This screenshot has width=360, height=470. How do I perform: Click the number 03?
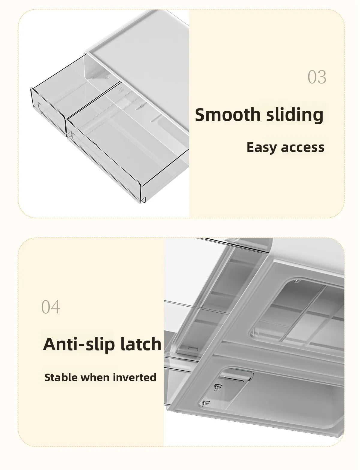tap(317, 77)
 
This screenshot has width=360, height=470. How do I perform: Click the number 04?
tap(51, 307)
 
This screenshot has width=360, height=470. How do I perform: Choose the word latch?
tap(141, 344)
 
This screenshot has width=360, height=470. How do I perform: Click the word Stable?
tap(61, 377)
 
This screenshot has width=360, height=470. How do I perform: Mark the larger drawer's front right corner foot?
tap(144, 199)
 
